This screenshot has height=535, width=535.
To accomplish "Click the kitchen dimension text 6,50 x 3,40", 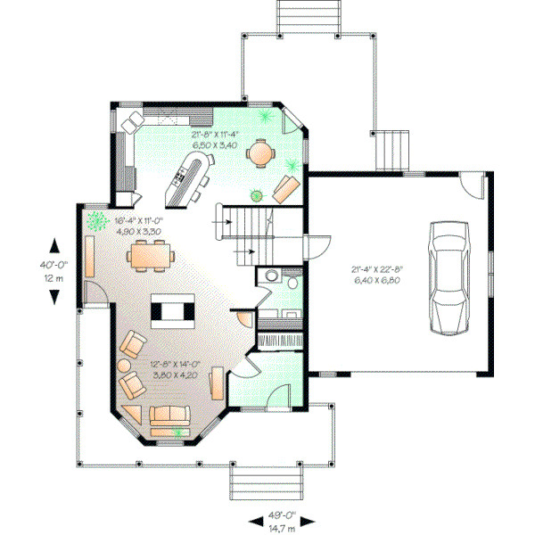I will (x=214, y=144).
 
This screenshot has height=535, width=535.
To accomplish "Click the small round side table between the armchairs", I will (x=126, y=364).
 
